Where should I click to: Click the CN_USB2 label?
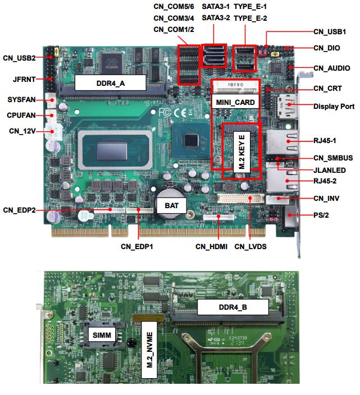(19, 58)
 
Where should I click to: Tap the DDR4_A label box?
(111, 83)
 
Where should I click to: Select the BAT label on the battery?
(172, 205)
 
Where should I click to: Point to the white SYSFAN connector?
(51, 100)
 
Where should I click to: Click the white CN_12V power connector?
(53, 131)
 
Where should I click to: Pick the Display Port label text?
(334, 107)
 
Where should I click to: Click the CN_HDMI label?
(211, 247)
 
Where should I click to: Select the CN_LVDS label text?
(250, 247)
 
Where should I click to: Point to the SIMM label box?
(102, 335)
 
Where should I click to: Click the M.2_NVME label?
(149, 350)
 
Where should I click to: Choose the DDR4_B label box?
(233, 307)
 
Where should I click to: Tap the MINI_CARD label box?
(235, 102)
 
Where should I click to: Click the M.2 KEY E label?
(241, 152)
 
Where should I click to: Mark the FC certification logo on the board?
(165, 112)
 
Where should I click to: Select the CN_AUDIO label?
(332, 68)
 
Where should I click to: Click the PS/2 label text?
(321, 215)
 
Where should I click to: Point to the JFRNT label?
(24, 79)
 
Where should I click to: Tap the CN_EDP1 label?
(137, 247)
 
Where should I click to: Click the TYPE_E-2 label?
(250, 18)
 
